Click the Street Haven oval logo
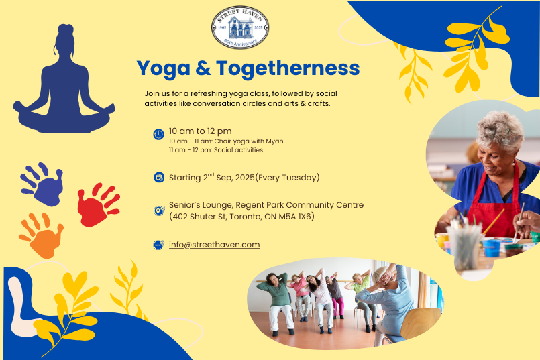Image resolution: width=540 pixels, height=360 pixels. (240, 27)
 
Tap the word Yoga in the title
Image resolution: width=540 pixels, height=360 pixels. (163, 69)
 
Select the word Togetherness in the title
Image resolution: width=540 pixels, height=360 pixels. (288, 68)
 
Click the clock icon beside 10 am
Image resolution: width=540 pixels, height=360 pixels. (158, 134)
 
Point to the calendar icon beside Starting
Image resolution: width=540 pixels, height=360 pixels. (159, 177)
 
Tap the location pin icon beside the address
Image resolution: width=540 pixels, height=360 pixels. (159, 211)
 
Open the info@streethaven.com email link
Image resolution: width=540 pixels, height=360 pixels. (214, 245)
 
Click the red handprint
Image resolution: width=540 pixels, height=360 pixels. (97, 204)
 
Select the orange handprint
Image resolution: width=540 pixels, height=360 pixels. (42, 235)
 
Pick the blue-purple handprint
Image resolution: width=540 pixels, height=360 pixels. (43, 184)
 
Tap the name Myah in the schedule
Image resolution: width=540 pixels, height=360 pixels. (274, 141)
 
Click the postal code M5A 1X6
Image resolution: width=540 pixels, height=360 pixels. (296, 217)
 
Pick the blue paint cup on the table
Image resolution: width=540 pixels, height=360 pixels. (492, 248)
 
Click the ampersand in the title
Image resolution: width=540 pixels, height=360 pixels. (203, 68)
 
